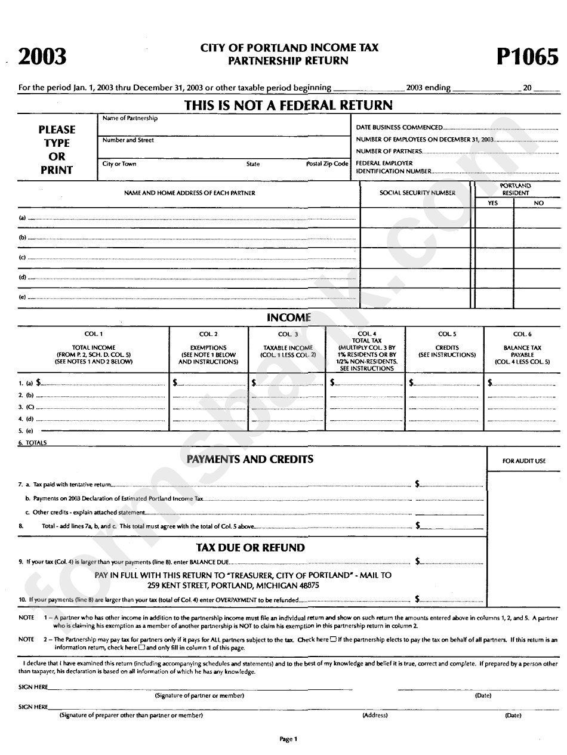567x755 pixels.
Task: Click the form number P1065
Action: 527,57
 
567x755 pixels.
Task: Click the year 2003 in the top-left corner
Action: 42,57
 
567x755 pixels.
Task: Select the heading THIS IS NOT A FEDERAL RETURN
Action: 288,106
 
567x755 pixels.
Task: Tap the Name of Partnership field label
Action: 130,118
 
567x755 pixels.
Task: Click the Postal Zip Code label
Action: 327,164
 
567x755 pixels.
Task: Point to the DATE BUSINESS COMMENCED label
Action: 399,128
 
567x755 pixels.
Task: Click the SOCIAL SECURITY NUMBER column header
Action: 417,193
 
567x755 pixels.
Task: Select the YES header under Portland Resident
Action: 492,203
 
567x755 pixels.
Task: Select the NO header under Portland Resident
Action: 538,203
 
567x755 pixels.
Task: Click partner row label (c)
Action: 23,258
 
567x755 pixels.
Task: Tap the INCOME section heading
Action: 288,318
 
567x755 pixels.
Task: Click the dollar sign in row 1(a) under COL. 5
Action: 411,382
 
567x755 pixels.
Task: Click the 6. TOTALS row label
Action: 32,443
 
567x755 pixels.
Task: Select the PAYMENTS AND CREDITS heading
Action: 249,459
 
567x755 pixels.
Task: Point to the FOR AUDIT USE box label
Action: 524,461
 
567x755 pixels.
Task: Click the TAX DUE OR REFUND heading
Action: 250,547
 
